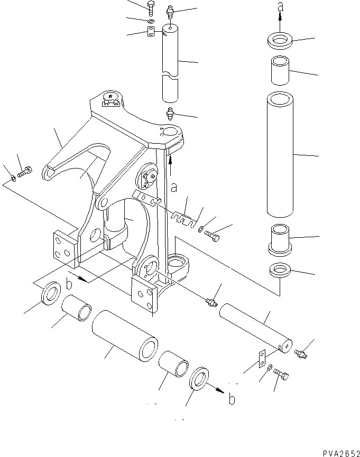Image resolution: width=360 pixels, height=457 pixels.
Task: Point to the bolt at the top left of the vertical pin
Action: point(150,7)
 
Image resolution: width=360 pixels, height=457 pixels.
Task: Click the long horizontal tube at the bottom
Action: point(126,337)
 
